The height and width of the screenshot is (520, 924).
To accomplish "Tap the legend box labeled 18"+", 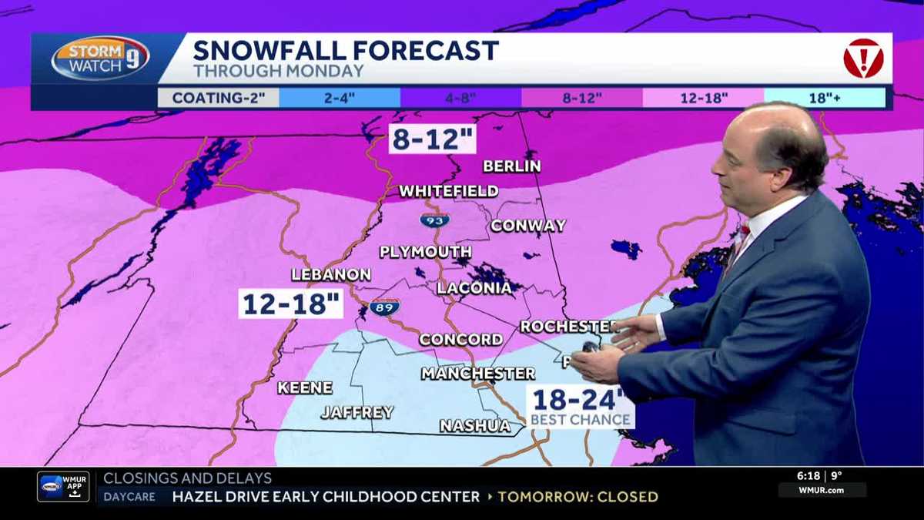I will point(825,98).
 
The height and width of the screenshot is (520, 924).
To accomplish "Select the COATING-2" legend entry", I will point(218,98).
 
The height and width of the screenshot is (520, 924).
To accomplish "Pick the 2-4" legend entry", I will point(340,98).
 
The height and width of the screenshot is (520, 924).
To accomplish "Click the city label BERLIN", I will point(512,166).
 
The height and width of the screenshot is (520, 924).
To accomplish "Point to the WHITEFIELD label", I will point(448,191).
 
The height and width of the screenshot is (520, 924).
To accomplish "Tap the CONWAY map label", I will point(528,226).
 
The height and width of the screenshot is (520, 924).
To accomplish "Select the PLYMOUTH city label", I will point(426,252).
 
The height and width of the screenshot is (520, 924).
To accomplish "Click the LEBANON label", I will point(331,275).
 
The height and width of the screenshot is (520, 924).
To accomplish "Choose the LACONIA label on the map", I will point(474,288).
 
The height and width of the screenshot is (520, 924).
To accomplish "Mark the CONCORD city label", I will point(460,340).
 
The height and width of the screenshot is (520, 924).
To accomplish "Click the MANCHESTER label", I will point(477,374).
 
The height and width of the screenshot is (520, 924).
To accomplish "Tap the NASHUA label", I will point(475,426).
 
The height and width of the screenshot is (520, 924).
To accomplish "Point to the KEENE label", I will point(305,387).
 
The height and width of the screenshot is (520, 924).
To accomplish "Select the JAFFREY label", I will point(357,412).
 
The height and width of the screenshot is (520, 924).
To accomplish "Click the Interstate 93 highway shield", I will point(434,221).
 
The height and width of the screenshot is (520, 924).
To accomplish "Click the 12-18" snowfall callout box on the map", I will point(291,303).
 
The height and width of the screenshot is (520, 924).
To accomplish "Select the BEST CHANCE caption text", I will point(581,420).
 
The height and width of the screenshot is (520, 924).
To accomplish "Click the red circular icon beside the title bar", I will point(863,59).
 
